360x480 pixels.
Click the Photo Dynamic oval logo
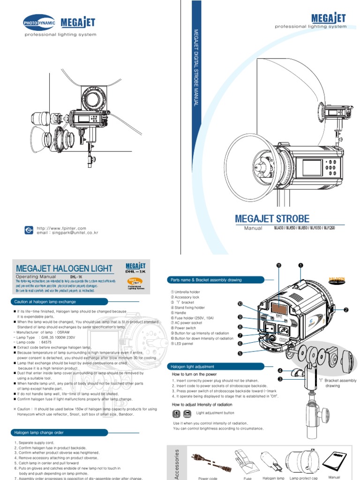(39, 22)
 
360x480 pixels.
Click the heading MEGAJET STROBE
(272, 218)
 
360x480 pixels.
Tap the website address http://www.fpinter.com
(61, 228)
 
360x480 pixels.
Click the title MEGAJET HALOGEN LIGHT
(64, 269)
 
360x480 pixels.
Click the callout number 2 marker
(346, 310)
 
